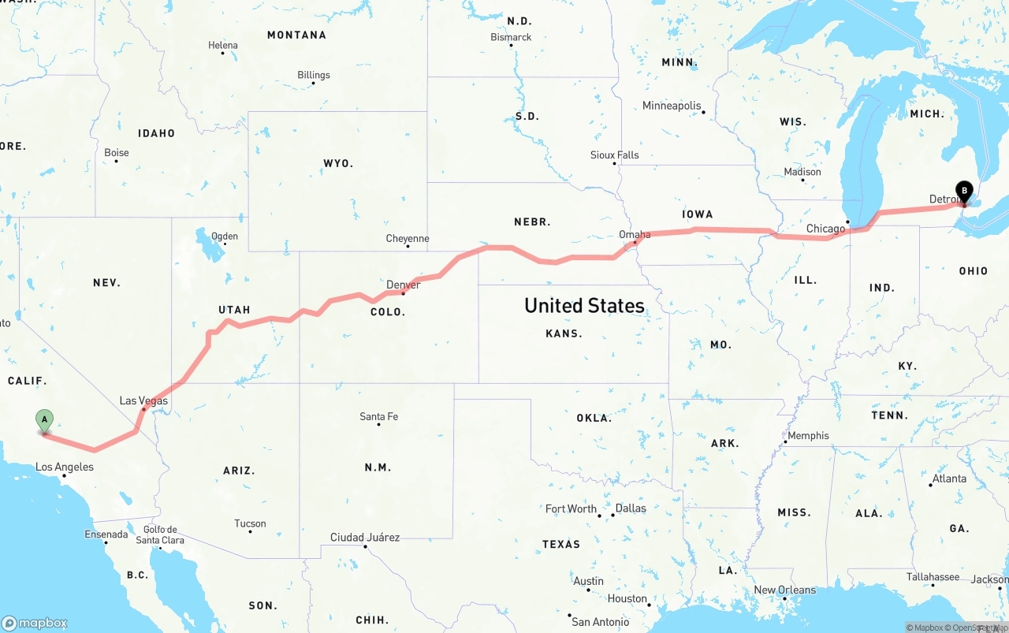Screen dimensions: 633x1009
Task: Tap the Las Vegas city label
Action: (143, 400)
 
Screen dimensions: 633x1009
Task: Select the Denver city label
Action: (403, 285)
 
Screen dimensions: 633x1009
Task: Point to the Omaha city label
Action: (635, 234)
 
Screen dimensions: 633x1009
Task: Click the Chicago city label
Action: (825, 229)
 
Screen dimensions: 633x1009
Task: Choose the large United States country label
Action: (584, 306)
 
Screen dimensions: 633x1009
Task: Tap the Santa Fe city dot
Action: (378, 425)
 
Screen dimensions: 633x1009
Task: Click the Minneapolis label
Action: (672, 106)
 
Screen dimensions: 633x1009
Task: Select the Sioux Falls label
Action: (615, 155)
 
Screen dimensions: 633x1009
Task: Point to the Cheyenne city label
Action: (408, 238)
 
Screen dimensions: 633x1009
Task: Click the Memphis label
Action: (808, 435)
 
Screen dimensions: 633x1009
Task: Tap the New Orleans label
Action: (784, 590)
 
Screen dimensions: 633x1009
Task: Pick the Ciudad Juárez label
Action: (365, 538)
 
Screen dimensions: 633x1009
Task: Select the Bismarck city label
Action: (511, 37)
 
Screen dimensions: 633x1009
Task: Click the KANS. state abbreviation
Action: (564, 333)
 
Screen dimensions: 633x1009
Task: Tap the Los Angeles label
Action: (65, 467)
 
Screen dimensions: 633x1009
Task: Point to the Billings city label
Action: (314, 75)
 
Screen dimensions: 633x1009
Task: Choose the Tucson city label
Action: (250, 523)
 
